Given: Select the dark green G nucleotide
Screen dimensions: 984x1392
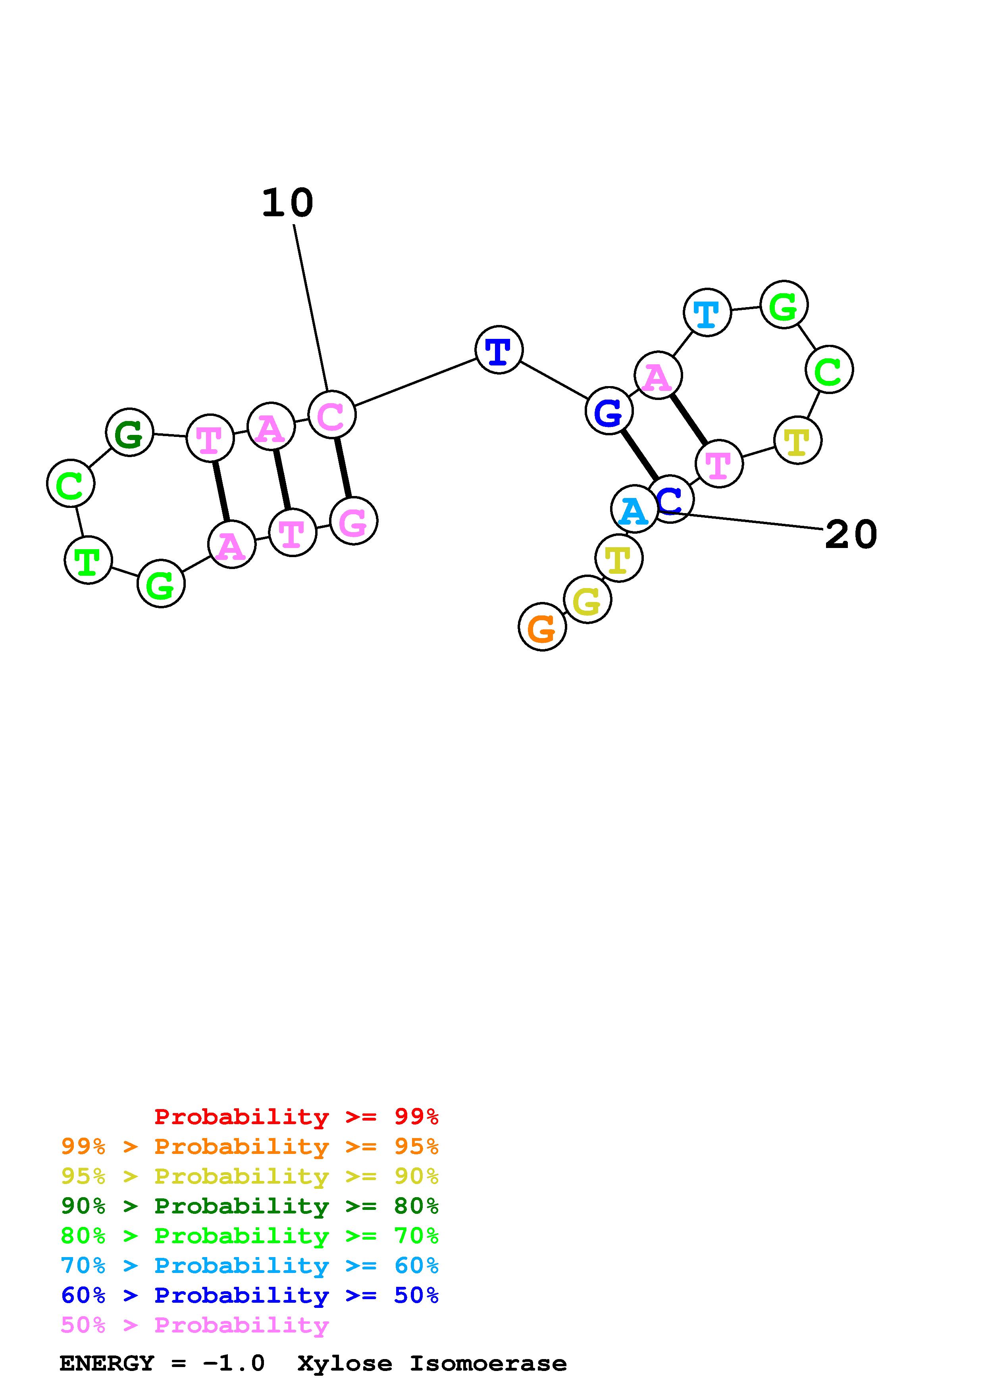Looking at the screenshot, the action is pos(129,432).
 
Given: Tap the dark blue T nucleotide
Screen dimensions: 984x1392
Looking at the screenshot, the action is pos(499,350).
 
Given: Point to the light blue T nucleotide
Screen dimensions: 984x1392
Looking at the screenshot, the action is pos(707,312).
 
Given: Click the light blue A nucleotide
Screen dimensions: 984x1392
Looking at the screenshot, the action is pos(634,509).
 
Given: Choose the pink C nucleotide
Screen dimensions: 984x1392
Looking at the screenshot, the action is pos(331,415).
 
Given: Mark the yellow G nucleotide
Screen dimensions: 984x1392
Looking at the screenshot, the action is pos(587,600).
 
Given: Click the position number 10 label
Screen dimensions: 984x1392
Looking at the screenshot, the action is pos(287,202).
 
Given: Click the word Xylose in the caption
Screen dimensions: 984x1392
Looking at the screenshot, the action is pos(345,1363).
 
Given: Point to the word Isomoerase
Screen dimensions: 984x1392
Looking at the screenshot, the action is pos(488,1363).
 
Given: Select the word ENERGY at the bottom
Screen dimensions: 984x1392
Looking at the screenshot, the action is pos(107,1363).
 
